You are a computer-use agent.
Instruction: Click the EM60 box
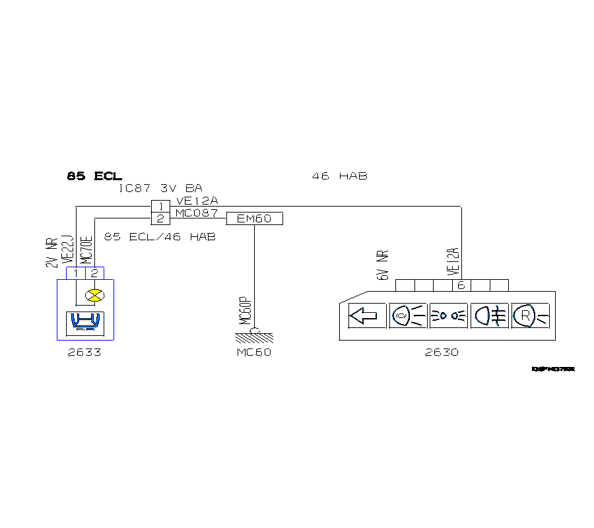[254, 218]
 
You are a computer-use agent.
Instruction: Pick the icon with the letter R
[529, 315]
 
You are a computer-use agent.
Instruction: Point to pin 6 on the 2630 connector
[461, 285]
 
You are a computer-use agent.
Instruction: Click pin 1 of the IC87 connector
[160, 207]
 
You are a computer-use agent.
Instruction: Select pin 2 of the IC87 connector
[160, 218]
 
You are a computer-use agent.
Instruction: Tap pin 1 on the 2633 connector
[77, 273]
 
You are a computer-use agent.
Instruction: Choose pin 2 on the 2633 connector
[94, 273]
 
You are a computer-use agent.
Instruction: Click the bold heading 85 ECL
[94, 176]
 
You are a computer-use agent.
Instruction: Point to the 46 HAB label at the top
[339, 176]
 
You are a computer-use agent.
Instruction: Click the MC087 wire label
[196, 213]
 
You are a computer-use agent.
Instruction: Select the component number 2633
[84, 352]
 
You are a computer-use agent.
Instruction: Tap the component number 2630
[442, 352]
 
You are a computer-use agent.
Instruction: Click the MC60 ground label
[254, 352]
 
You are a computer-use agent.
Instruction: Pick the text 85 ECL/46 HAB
[160, 236]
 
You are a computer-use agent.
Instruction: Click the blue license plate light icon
[86, 322]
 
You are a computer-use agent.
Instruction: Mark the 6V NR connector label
[383, 265]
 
